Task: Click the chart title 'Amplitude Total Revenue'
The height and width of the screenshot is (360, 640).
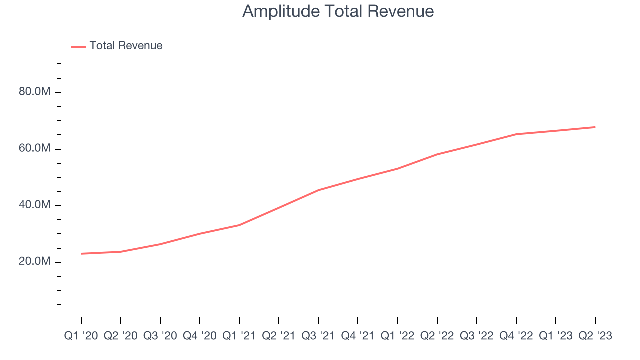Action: coord(338,11)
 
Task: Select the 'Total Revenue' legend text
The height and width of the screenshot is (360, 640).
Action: coord(126,46)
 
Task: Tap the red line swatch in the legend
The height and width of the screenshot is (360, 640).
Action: coord(78,46)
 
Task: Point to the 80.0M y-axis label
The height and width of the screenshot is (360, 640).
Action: coord(34,92)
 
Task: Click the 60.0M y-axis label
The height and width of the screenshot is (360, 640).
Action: coord(34,149)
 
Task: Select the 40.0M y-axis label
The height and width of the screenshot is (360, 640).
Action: coord(34,205)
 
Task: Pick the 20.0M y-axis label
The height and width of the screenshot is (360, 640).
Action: coord(34,262)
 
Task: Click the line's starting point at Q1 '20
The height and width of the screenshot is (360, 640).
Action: coord(81,254)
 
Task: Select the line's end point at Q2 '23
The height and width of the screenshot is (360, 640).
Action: coord(595,127)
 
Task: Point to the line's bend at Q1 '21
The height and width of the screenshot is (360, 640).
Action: coord(239,225)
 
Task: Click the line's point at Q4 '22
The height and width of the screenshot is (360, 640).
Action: coord(516,134)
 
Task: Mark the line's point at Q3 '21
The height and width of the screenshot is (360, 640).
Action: coord(318,190)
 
